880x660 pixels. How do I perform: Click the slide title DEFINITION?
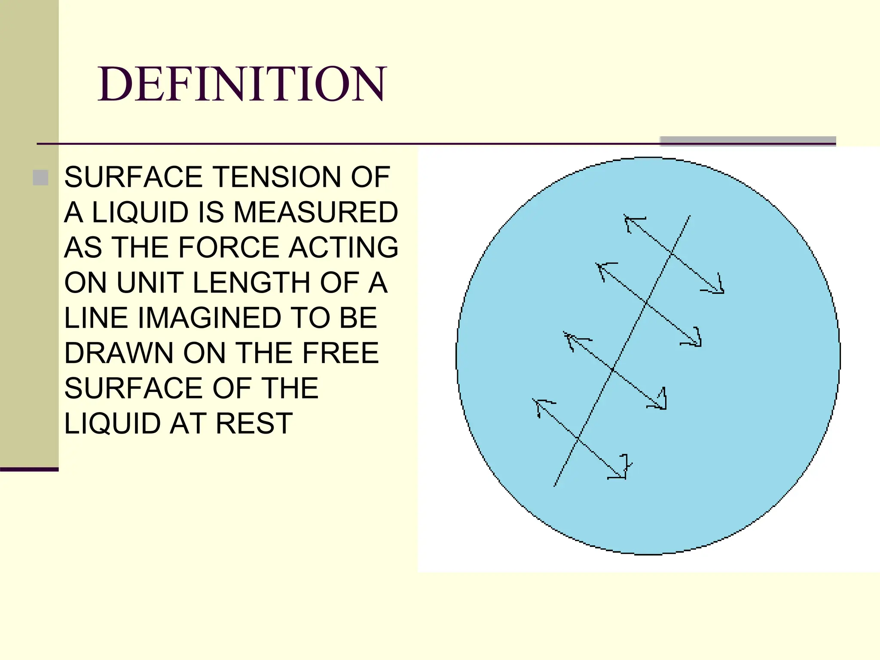tap(242, 84)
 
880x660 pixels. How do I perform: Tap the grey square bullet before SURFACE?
tap(40, 177)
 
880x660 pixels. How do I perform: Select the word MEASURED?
tap(315, 212)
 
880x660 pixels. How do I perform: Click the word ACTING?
tap(343, 247)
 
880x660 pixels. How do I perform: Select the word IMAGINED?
tap(210, 318)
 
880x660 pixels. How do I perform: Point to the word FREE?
tap(340, 353)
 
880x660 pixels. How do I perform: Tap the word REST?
tap(254, 424)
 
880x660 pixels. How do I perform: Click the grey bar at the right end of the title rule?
tap(748, 141)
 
